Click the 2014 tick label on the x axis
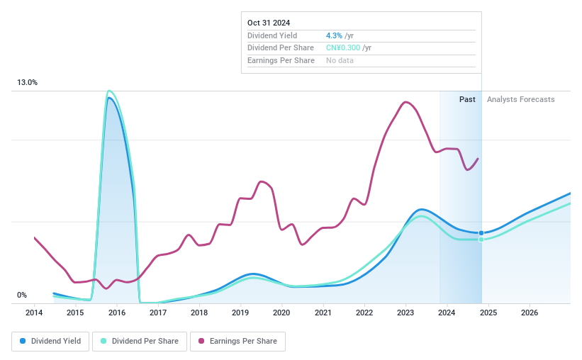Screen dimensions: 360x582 tap(34, 313)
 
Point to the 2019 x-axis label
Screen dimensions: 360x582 tap(240, 313)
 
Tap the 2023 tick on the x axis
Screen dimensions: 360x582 tap(405, 313)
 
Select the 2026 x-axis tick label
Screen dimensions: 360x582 tap(529, 313)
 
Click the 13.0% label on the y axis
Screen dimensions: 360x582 tap(28, 83)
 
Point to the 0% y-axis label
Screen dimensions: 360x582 tap(22, 296)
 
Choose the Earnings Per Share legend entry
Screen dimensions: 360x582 tap(237, 342)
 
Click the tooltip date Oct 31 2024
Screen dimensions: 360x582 tap(269, 23)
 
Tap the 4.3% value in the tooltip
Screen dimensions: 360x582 tap(334, 35)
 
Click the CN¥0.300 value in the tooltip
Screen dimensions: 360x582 tap(343, 48)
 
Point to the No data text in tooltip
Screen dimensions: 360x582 tap(340, 60)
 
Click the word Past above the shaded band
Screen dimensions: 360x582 tap(467, 99)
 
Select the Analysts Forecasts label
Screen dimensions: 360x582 tap(520, 99)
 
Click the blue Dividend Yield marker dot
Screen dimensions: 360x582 tap(481, 233)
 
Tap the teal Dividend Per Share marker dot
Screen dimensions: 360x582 tap(481, 240)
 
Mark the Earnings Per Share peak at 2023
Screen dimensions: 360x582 tap(405, 102)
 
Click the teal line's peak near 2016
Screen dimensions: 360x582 tap(109, 91)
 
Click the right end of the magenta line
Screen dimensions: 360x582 tap(479, 159)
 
